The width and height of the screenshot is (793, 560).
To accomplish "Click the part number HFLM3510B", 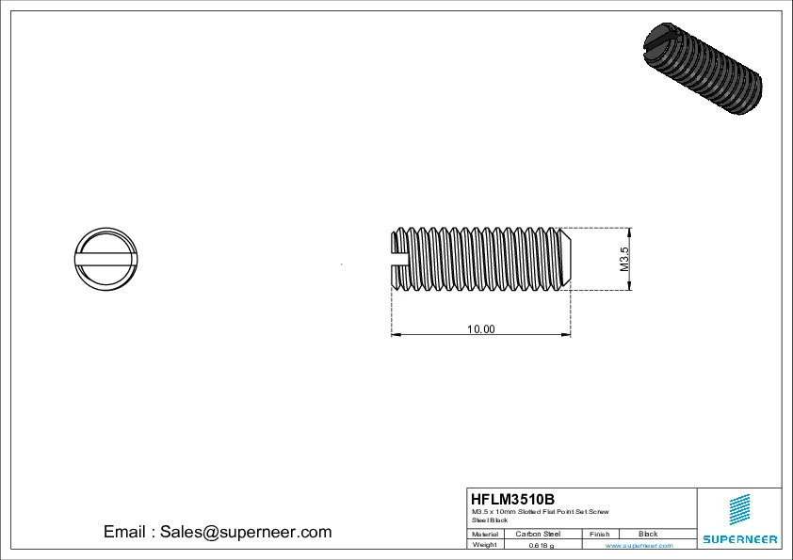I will click(513, 499).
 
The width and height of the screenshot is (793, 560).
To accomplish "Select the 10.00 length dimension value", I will click(481, 329).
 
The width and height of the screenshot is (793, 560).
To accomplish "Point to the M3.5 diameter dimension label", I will click(623, 260).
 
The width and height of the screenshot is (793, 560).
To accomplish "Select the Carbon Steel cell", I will click(538, 534).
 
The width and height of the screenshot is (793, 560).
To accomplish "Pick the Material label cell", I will click(485, 534).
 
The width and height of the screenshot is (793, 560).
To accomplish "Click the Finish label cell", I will click(599, 534).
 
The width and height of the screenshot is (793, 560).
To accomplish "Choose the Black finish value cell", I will click(648, 534).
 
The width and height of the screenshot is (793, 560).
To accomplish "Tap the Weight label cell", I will click(485, 545).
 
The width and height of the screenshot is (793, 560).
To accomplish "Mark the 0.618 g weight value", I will click(542, 545).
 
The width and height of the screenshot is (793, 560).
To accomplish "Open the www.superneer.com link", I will click(639, 545).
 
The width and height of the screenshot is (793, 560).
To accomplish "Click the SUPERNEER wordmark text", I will click(739, 539).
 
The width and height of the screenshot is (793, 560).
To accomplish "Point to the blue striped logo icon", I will click(739, 511).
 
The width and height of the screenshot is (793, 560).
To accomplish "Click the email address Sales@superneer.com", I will click(245, 532).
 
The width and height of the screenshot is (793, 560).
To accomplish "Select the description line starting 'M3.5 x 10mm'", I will click(541, 511).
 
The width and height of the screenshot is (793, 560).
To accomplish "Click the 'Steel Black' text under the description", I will click(490, 520).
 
